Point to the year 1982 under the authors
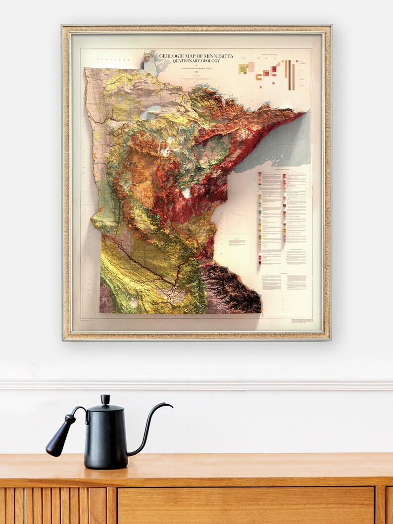(x=196, y=72)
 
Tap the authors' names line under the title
(x=196, y=67)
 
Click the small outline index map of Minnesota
(x=236, y=223)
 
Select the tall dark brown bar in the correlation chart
(x=290, y=75)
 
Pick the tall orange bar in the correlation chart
(x=286, y=69)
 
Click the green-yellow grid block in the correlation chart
(x=243, y=69)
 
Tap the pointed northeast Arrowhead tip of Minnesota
(x=301, y=113)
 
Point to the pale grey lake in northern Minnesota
(x=152, y=114)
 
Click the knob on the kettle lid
(x=105, y=399)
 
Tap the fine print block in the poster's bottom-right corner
(x=301, y=321)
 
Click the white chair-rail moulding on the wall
(x=196, y=384)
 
